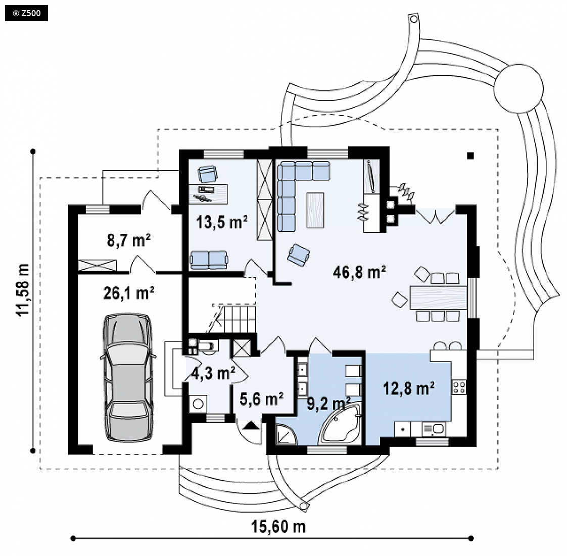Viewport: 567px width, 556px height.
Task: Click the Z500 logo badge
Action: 26,14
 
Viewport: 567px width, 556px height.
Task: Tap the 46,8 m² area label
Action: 359,272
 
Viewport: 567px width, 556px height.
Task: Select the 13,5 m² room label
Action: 222,222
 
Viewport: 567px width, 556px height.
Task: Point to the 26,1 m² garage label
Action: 129,292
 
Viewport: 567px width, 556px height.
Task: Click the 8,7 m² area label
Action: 129,240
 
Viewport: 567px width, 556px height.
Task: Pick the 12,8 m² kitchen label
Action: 409,388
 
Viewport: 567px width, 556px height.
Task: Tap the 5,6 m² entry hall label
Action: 261,399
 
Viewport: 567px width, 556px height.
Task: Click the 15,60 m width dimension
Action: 278,527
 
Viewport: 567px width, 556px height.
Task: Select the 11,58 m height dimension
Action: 23,290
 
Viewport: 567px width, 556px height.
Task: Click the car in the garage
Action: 128,377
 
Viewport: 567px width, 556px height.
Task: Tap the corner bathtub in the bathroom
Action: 340,424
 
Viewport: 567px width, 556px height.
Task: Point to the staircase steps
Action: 235,319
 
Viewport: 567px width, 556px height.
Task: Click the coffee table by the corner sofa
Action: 315,210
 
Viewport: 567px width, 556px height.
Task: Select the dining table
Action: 438,297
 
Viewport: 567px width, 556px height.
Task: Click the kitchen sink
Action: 434,429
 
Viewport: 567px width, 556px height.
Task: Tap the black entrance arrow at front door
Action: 251,426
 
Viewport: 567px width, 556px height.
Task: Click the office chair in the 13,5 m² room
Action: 208,174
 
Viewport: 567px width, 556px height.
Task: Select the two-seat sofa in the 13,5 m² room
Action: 209,260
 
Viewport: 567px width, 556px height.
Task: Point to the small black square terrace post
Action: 470,156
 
